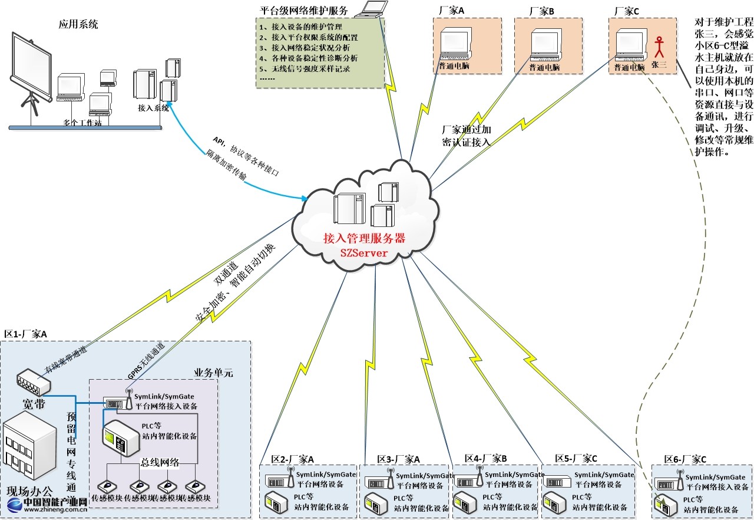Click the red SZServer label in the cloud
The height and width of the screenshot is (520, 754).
point(363,253)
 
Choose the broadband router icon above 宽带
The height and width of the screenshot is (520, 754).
point(32,382)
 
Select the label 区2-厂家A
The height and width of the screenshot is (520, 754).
point(292,459)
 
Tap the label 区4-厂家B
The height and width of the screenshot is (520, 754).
point(486,458)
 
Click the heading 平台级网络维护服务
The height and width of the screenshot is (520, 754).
point(304,11)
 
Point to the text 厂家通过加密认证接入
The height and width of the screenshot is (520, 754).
point(466,135)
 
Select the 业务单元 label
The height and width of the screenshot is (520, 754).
point(214,373)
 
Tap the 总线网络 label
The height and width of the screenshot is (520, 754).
point(160,462)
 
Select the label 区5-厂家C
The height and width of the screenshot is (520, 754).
point(576,458)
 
